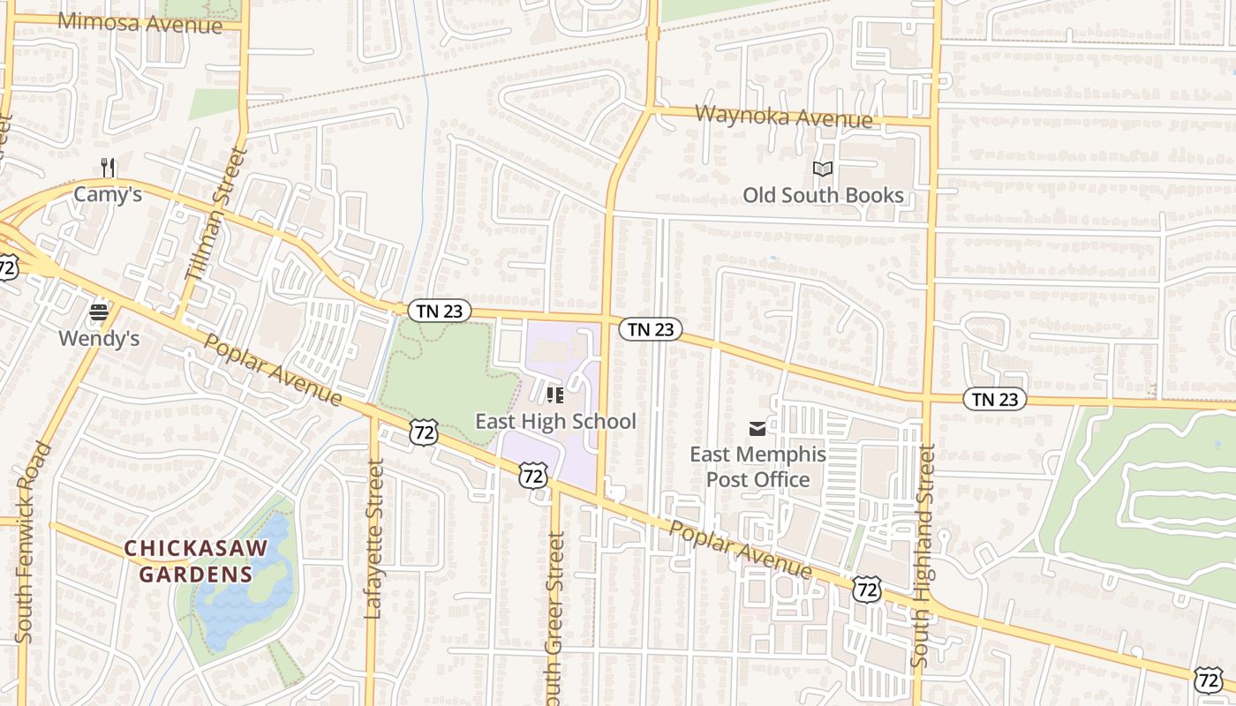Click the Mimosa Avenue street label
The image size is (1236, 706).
coord(140,23)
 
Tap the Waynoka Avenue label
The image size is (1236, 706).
coord(784,116)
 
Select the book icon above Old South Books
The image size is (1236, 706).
coord(823,169)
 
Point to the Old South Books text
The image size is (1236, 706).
coord(823,195)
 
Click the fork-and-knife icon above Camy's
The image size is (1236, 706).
coord(109,167)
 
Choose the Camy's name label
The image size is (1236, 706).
coord(108,194)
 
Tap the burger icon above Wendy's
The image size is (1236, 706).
coord(99,312)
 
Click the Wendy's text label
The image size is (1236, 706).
coord(99,338)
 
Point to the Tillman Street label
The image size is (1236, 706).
coord(215,214)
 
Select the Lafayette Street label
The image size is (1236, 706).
coord(374,543)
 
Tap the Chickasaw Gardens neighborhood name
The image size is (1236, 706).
coord(195,561)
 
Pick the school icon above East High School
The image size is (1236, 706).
coord(555,394)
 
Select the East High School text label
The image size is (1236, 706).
coord(555,421)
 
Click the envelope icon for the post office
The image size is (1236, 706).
coord(757,429)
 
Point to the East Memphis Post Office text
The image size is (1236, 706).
coord(757,467)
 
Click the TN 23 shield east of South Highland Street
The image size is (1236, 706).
coord(995,399)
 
